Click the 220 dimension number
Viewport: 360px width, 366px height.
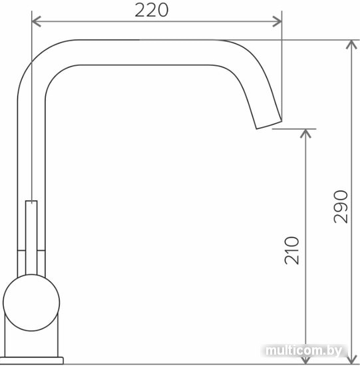[151, 10]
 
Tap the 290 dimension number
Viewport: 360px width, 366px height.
[341, 207]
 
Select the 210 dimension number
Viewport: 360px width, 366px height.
[291, 250]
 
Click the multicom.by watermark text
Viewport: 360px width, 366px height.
[303, 350]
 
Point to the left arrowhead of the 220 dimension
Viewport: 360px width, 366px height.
[36, 21]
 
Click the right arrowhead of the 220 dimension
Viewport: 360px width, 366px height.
[277, 21]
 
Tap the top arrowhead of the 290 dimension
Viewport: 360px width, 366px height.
[351, 45]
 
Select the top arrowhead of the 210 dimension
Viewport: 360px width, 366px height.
[305, 133]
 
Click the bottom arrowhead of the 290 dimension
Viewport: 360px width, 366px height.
[351, 359]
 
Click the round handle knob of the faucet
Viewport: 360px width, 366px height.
[31, 303]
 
